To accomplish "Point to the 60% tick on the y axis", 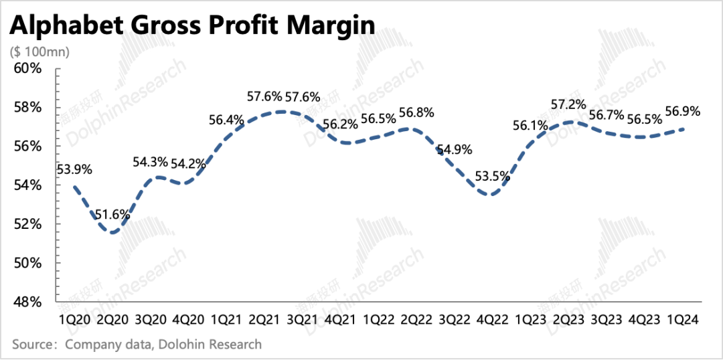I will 28,69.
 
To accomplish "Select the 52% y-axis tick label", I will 28,224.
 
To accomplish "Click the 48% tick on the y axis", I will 28,302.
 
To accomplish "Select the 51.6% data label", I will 112,215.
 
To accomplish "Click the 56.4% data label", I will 226,120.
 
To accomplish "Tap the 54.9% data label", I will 455,150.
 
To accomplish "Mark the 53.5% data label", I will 491,177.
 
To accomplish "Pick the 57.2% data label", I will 568,104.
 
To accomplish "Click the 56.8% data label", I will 416,112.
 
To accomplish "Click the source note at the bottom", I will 137,345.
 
